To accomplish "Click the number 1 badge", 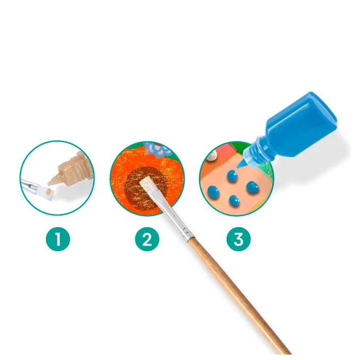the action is click(58, 239).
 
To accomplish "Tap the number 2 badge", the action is click(147, 239).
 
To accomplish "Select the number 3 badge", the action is click(238, 239).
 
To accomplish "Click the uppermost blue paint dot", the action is click(233, 176).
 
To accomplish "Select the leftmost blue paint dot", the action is click(213, 192).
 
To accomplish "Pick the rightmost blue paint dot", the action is click(252, 186).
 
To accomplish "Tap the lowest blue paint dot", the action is click(234, 200).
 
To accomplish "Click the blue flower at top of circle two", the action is click(158, 148).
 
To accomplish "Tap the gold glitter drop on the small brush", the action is click(49, 191).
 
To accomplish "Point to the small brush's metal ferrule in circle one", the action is click(33, 185).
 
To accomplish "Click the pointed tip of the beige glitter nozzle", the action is click(49, 183).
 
